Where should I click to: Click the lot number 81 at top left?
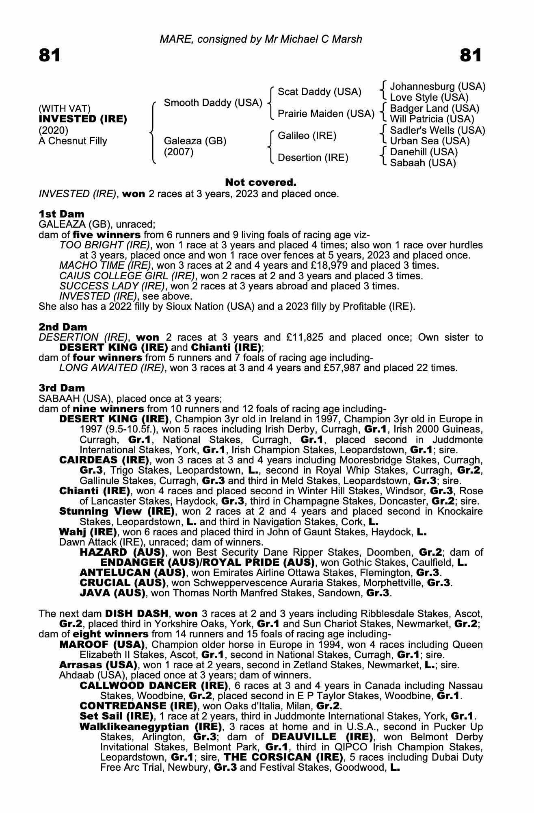[50, 55]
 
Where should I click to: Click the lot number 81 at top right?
[471, 55]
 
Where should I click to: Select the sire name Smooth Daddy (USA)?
[213, 103]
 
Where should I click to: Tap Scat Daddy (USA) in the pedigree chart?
[319, 92]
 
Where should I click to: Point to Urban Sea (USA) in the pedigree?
[430, 141]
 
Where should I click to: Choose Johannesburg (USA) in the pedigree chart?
[437, 87]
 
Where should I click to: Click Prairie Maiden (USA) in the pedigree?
[326, 114]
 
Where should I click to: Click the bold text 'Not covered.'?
[261, 183]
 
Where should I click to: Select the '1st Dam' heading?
[62, 214]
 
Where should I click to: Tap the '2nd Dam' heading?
[63, 327]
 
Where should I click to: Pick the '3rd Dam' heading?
[62, 388]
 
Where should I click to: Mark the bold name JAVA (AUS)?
[112, 593]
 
